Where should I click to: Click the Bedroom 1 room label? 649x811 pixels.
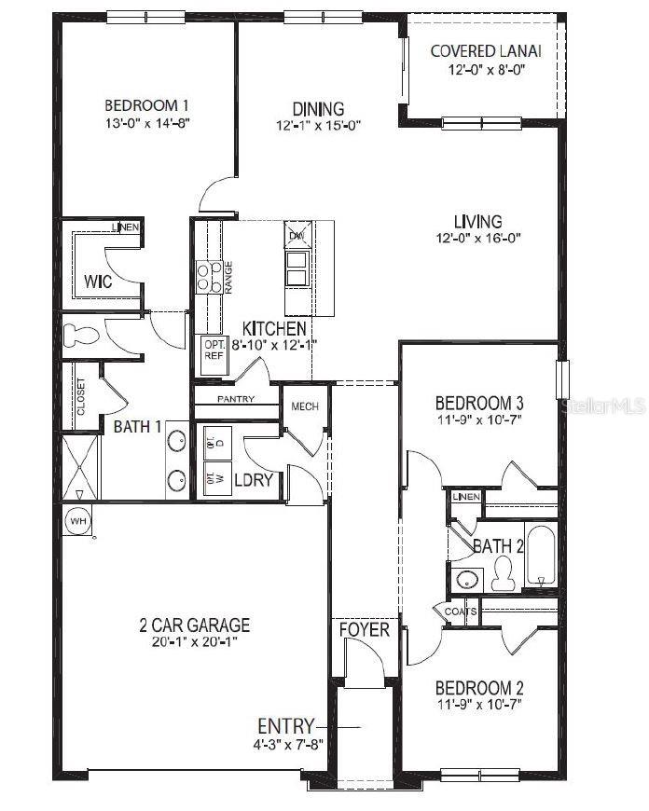[x=148, y=104]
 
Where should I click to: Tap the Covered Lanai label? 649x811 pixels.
[x=486, y=50]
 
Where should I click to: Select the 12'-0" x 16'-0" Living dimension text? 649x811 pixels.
[x=477, y=238]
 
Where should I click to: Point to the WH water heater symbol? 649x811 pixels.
[x=76, y=522]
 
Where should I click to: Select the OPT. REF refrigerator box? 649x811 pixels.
[x=213, y=355]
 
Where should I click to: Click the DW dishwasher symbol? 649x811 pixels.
[x=297, y=234]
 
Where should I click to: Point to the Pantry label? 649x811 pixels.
[x=236, y=399]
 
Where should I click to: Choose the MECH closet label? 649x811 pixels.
[x=306, y=406]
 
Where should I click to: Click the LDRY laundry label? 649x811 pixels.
[x=253, y=480]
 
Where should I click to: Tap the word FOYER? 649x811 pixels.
[x=364, y=630]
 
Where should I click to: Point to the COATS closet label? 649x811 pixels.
[x=461, y=612]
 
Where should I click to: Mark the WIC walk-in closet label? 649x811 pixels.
[x=98, y=281]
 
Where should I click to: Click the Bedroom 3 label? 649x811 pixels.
[x=479, y=403]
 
